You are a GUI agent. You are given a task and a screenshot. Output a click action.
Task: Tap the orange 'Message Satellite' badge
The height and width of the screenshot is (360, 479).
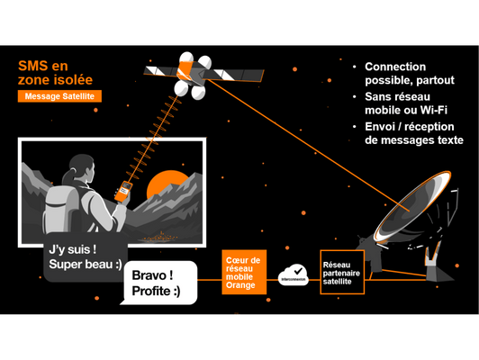(x=59, y=96)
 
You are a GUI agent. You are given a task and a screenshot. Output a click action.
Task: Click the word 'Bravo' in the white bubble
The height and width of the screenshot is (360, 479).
(x=150, y=274)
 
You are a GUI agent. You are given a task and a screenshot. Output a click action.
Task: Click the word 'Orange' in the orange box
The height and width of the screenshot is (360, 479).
(x=241, y=285)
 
